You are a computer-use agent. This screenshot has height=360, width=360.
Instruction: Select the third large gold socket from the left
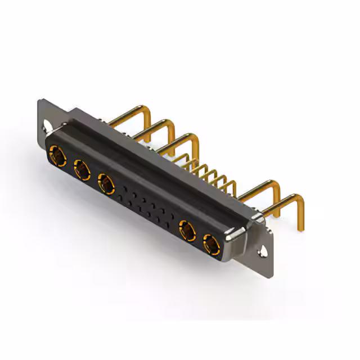tap(106, 182)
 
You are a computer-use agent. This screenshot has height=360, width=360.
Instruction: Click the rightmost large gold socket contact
tap(211, 245)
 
